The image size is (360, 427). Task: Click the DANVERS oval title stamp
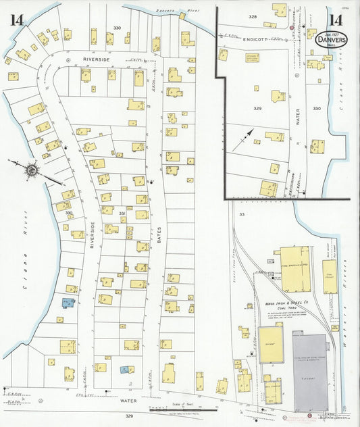pyautogui.click(x=331, y=40)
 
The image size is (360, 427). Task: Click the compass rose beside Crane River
pyautogui.click(x=31, y=170)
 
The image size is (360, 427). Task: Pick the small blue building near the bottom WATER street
pyautogui.click(x=124, y=370)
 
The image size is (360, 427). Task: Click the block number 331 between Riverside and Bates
pyautogui.click(x=122, y=214)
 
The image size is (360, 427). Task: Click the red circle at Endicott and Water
pyautogui.click(x=291, y=28)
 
